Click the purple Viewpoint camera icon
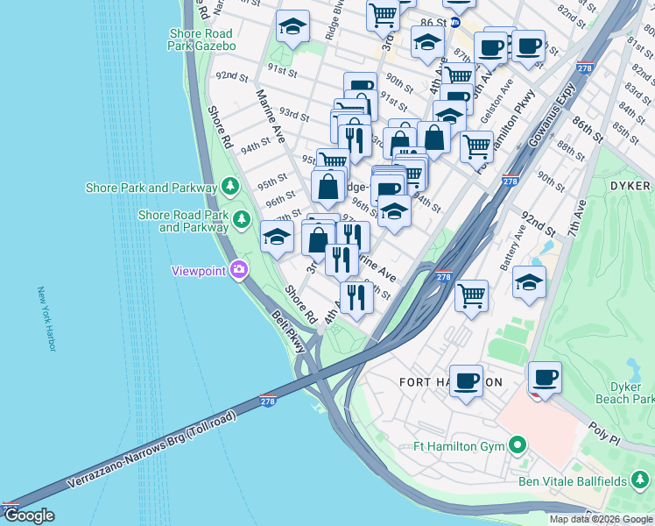pyautogui.click(x=237, y=270)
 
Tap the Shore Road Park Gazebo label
pyautogui.click(x=202, y=39)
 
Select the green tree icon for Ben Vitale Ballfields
pyautogui.click(x=640, y=480)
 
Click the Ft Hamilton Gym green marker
pyautogui.click(x=518, y=446)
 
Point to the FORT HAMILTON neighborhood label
pyautogui.click(x=450, y=382)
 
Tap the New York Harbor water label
pyautogui.click(x=46, y=320)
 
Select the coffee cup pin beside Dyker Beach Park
pyautogui.click(x=545, y=377)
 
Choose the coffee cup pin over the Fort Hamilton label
pyautogui.click(x=466, y=380)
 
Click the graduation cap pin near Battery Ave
pyautogui.click(x=529, y=281)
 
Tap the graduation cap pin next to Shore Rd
pyautogui.click(x=277, y=236)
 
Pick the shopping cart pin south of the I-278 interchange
pyautogui.click(x=471, y=295)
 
